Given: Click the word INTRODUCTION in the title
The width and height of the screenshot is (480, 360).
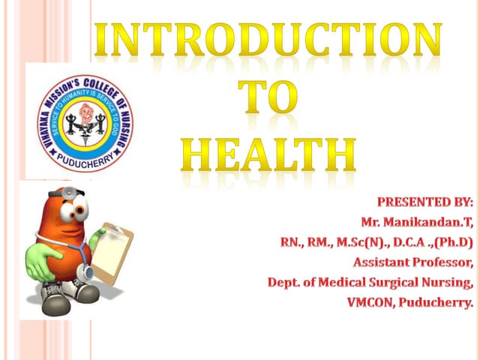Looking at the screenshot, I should tap(267, 40).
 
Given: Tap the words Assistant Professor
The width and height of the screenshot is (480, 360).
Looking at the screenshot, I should tap(413, 262).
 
